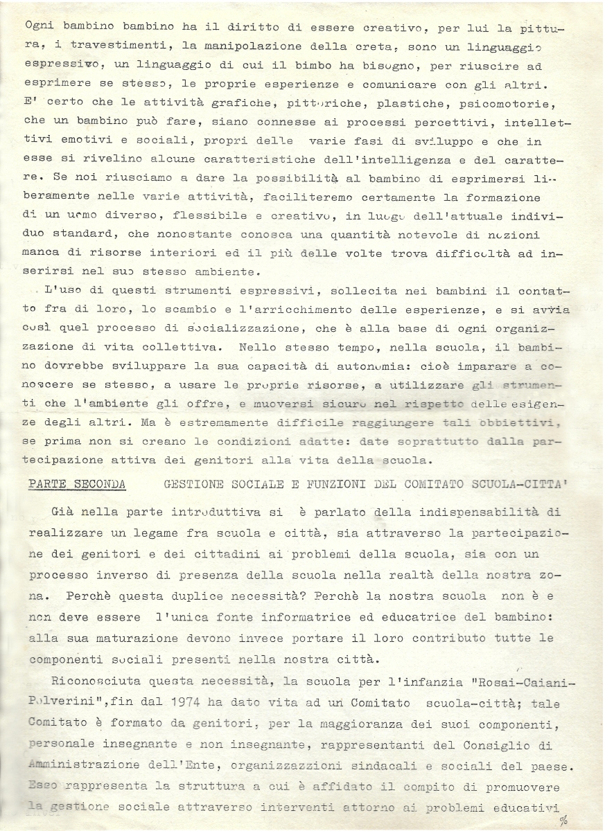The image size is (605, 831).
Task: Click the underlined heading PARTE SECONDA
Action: pos(77,484)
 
